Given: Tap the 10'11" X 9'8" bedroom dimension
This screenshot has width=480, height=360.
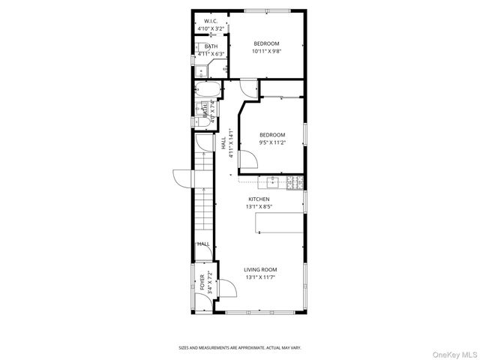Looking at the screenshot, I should [x=266, y=51].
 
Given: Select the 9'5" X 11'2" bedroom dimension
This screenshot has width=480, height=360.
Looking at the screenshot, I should [x=272, y=142].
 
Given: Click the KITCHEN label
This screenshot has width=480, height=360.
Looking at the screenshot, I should [x=259, y=199].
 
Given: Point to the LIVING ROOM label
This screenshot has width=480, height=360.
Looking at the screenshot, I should [x=260, y=269].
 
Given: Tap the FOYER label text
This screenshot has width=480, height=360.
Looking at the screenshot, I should [x=202, y=283].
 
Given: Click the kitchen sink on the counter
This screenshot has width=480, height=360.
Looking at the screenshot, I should [x=271, y=181].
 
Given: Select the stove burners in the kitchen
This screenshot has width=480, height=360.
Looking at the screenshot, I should [x=295, y=181].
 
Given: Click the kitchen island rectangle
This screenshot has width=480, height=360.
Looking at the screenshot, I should [x=280, y=223].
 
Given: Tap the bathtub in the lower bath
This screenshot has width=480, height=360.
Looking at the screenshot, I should [x=207, y=91].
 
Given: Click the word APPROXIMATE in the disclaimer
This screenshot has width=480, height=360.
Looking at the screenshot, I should [x=247, y=347].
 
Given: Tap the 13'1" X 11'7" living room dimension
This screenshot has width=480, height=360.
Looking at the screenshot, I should [x=260, y=277].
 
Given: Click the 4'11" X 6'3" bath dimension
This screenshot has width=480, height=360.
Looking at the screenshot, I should [x=211, y=54].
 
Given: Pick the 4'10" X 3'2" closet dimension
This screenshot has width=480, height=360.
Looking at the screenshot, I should [x=211, y=28].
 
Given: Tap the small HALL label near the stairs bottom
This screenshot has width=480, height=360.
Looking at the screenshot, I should [x=203, y=244].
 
